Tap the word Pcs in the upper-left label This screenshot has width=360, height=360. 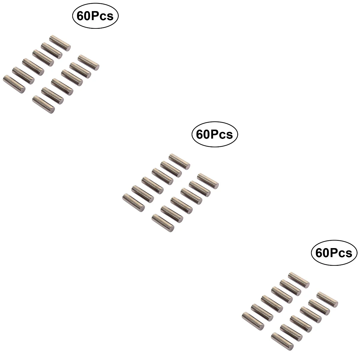tap(102, 16)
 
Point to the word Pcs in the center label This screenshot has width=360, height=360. tap(222, 134)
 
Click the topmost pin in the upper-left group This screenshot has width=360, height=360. tap(60, 43)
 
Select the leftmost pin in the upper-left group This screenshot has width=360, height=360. tap(14, 84)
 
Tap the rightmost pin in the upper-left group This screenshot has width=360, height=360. tap(88, 63)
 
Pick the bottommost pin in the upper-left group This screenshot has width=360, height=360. tap(43, 104)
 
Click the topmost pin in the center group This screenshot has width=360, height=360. tap(179, 162)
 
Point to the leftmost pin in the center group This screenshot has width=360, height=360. tap(133, 203)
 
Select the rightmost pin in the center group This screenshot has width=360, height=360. tap(208, 181)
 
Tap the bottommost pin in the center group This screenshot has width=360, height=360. tap(163, 223)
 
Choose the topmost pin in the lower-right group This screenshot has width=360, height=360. tap(299, 280)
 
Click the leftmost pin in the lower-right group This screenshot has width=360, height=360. tap(253, 321)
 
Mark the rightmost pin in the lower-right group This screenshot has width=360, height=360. tap(327, 300)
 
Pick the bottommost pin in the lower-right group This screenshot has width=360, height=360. tap(283, 341)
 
